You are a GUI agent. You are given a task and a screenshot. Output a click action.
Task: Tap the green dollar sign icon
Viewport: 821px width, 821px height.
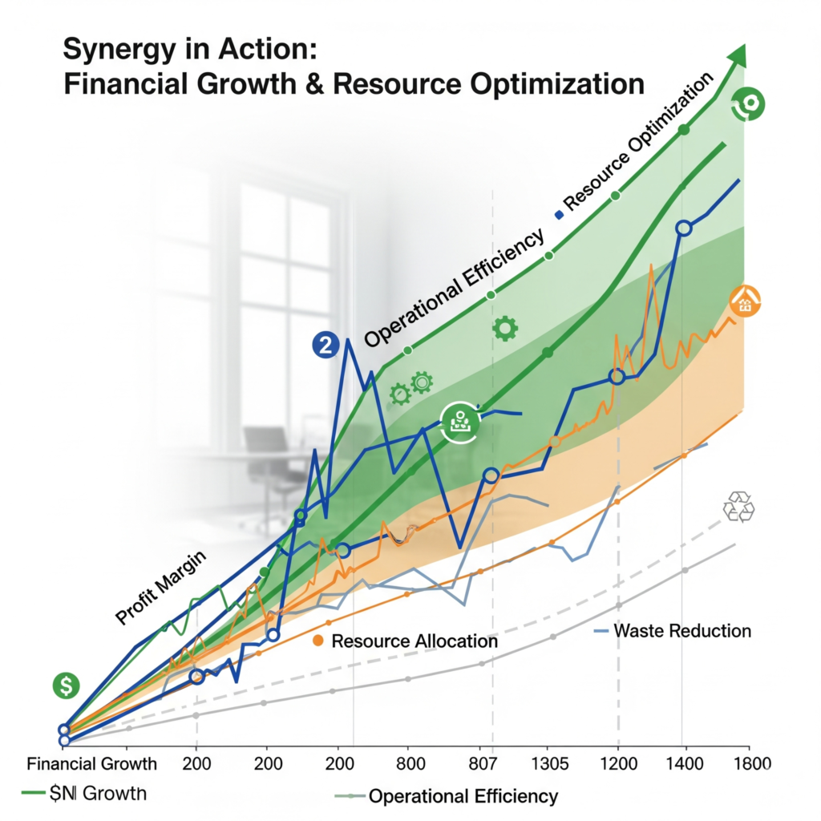tap(67, 685)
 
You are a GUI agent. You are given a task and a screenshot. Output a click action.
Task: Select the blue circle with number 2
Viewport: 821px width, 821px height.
tap(324, 346)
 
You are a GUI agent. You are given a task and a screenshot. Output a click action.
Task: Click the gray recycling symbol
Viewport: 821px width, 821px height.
tap(738, 508)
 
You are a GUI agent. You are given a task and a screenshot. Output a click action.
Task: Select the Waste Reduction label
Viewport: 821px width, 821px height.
tap(681, 631)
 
